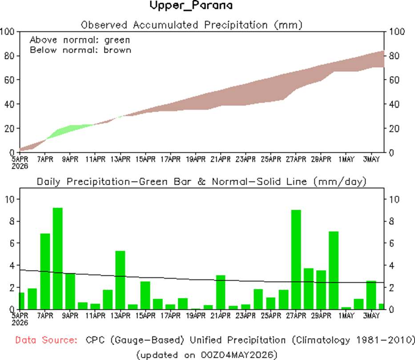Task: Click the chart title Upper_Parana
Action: [191, 5]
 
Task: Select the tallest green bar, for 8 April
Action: [58, 259]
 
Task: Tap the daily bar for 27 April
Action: [296, 260]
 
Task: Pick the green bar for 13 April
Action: [121, 280]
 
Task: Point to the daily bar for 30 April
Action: [334, 270]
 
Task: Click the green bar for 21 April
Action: [221, 292]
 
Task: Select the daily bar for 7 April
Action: [45, 271]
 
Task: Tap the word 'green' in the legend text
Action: [117, 40]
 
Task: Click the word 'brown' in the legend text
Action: [117, 50]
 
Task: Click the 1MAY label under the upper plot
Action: [346, 159]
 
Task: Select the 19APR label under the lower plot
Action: [196, 316]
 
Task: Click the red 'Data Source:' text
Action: [46, 340]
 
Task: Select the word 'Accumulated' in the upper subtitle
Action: [165, 25]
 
